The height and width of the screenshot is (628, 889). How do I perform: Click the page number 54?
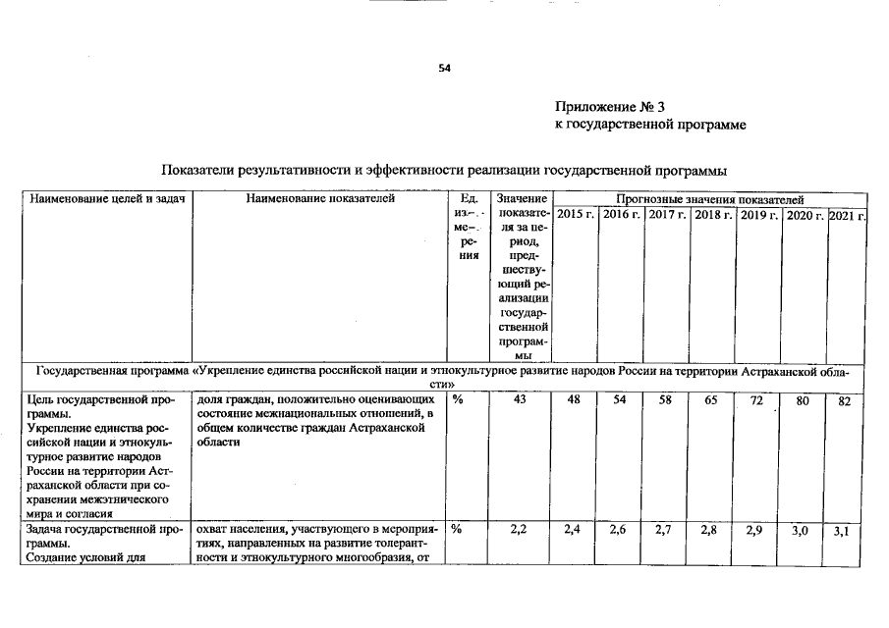444,69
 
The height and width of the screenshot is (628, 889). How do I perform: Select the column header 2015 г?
576,214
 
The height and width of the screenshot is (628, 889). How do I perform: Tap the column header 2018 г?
713,214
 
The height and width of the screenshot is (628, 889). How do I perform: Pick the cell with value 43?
522,401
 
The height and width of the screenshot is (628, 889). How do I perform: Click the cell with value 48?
574,401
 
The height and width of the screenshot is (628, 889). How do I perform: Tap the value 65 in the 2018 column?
711,401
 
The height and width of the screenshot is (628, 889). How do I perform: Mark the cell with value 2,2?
522,530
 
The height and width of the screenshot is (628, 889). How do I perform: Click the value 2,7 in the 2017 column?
665,530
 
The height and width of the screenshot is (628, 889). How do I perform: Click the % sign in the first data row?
458,400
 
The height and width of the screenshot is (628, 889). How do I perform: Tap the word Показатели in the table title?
201,169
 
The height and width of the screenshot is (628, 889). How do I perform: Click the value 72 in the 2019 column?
756,401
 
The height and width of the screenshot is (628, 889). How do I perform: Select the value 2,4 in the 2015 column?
574,530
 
